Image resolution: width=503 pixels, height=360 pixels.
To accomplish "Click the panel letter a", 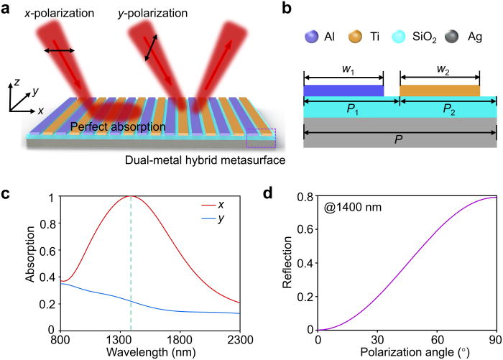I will pyautogui.click(x=7, y=10).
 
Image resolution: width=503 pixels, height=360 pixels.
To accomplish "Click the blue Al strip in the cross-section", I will pyautogui.click(x=343, y=91).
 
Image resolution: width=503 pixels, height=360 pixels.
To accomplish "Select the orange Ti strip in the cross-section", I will pyautogui.click(x=439, y=91).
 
